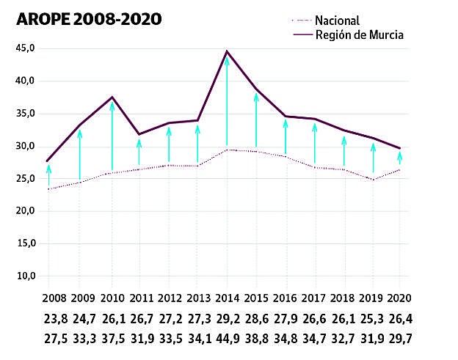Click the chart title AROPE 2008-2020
[x=89, y=19]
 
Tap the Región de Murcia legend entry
[x=359, y=34]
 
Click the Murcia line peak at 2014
[x=227, y=52]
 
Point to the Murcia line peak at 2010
[x=112, y=98]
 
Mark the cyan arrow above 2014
[x=227, y=103]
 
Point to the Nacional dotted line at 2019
[x=373, y=180]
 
